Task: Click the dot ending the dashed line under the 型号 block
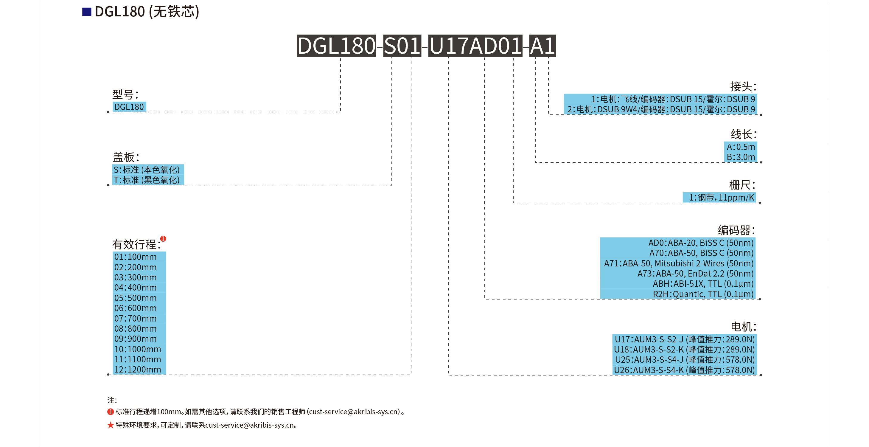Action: coord(108,112)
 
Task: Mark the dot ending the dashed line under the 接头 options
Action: coord(761,115)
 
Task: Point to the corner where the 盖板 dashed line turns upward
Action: coord(392,185)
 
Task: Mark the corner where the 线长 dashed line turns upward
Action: coord(535,162)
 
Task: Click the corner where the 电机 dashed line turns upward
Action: coord(448,375)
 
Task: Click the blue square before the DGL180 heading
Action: coord(87,12)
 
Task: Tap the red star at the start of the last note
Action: coord(110,425)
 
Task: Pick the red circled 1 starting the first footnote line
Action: coord(110,412)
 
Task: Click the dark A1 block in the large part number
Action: coord(542,46)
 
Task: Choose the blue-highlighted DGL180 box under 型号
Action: coord(129,107)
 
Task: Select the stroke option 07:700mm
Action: coord(135,319)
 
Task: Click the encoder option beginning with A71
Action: coord(678,263)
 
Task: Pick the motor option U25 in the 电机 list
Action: coord(685,360)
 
